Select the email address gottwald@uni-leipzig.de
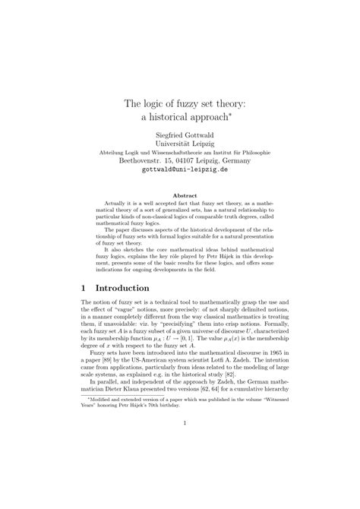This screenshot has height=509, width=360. pyautogui.click(x=180, y=169)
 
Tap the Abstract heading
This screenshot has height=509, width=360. pyautogui.click(x=180, y=195)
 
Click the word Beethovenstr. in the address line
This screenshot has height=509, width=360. pyautogui.click(x=137, y=160)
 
